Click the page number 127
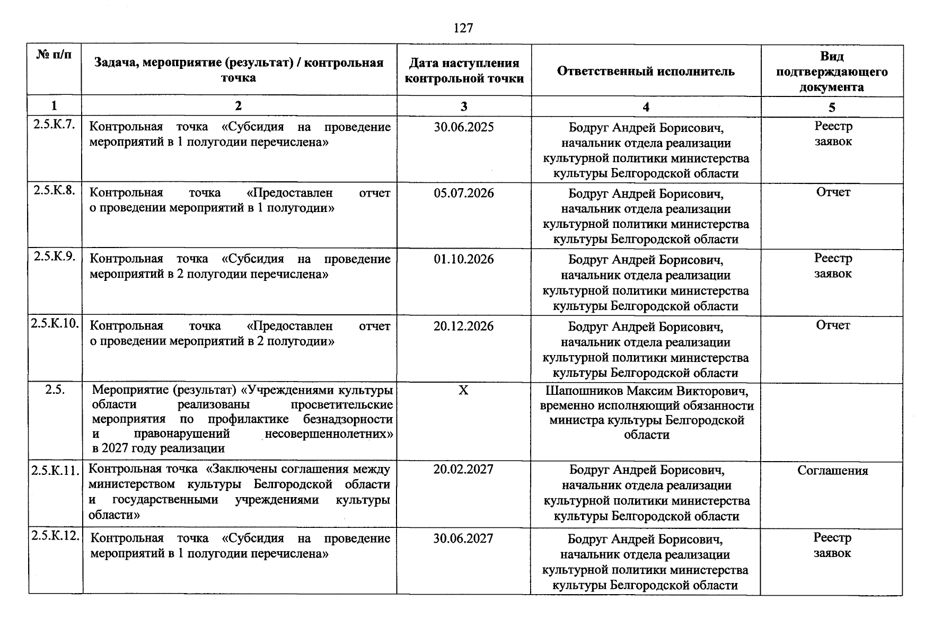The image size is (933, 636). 463,28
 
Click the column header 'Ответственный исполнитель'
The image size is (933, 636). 645,72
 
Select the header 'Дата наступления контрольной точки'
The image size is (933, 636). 463,71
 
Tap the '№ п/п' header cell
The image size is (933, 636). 54,55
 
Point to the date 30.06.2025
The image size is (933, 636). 463,127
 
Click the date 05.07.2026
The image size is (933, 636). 463,193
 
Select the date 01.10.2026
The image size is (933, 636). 463,259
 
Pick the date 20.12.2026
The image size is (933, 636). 463,326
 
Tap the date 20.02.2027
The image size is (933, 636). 463,470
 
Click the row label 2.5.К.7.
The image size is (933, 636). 55,126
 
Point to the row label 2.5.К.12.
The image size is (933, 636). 56,536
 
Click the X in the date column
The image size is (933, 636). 463,391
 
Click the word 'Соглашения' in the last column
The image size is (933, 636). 832,471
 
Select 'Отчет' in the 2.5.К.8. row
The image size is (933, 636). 833,192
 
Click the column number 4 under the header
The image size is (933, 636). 646,107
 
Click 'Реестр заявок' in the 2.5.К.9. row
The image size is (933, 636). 833,266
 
